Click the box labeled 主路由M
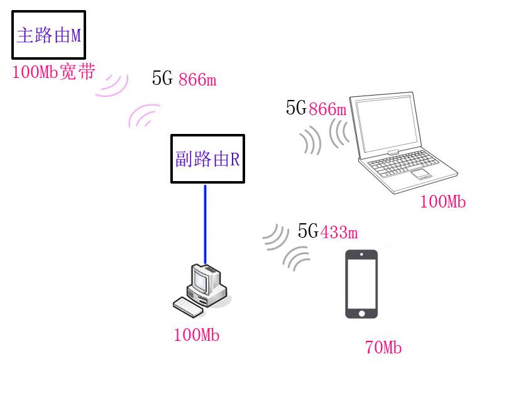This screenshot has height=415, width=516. [x=48, y=35]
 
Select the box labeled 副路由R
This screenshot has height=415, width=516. [x=207, y=158]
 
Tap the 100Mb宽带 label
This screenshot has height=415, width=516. [x=53, y=72]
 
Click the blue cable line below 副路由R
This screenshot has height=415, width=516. [x=205, y=224]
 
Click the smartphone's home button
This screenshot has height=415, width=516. [x=361, y=313]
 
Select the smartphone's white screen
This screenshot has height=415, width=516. [x=361, y=284]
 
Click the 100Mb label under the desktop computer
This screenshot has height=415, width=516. [x=197, y=335]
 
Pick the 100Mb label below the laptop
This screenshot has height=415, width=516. [x=443, y=201]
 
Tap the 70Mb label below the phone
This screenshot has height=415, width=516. [x=383, y=348]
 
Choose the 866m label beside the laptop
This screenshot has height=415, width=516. [x=328, y=109]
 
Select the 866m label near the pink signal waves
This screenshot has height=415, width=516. [x=197, y=79]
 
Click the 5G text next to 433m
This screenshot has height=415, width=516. [x=308, y=230]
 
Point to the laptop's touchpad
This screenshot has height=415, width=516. [x=420, y=174]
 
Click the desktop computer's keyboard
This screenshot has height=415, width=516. [x=188, y=307]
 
